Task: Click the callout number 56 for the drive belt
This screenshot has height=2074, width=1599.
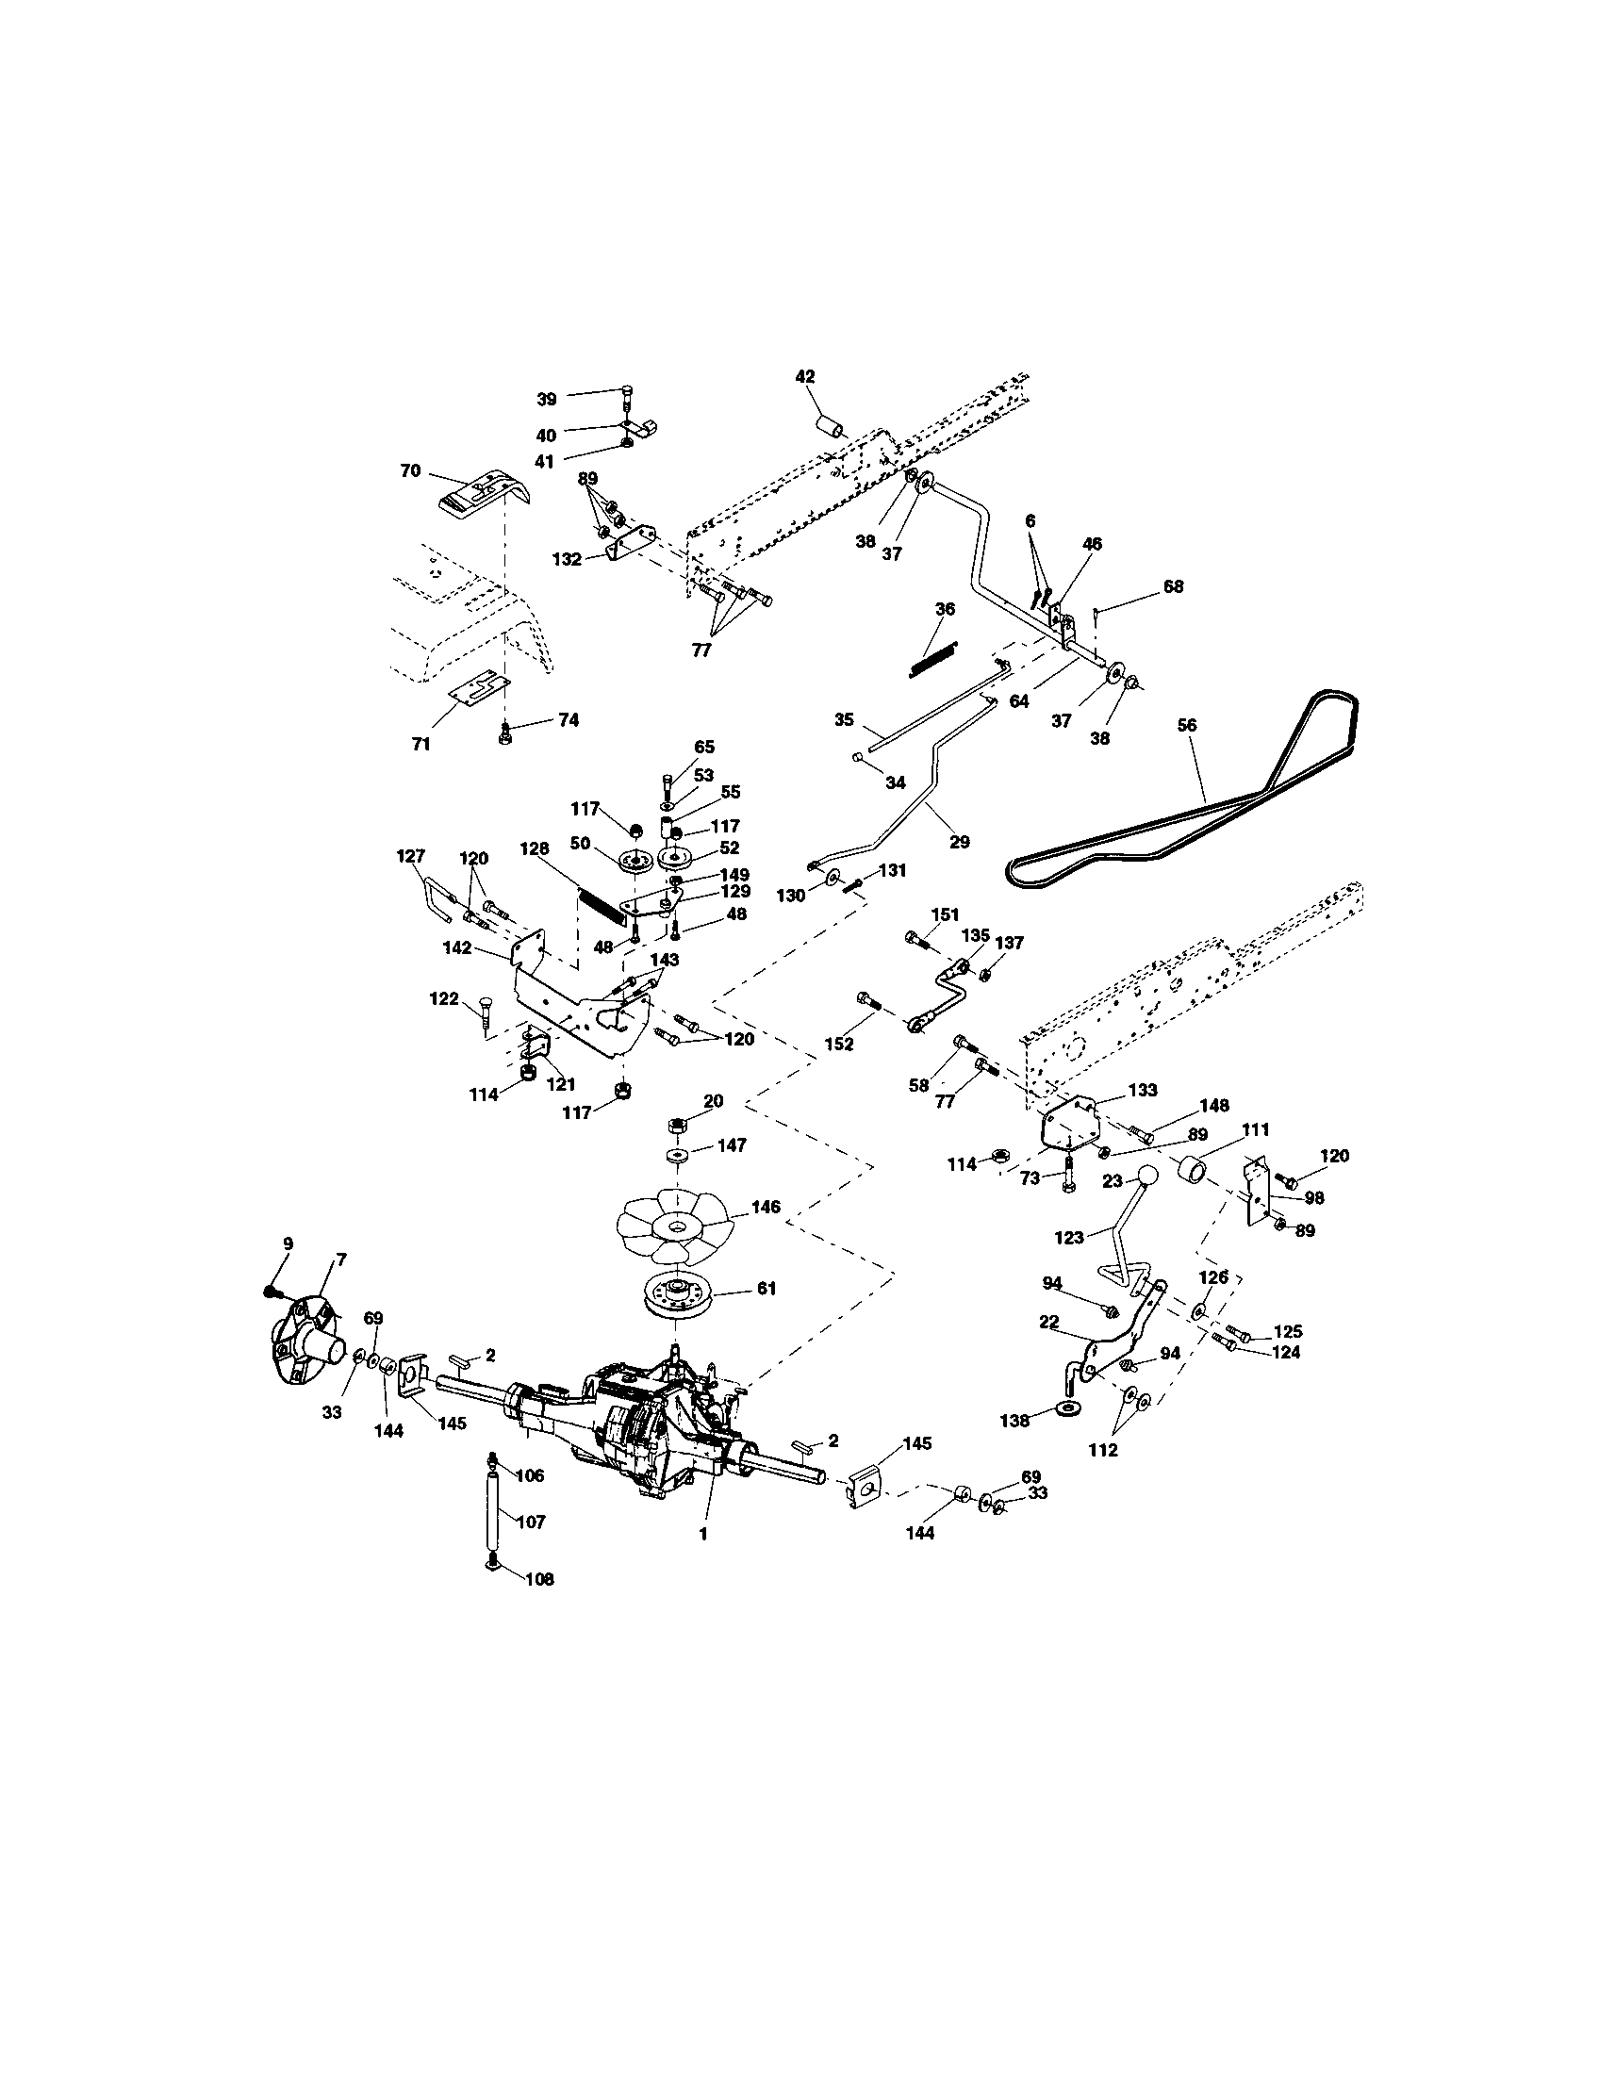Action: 1187,725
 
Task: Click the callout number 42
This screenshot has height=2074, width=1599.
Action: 804,376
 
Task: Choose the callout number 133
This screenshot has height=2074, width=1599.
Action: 1143,1089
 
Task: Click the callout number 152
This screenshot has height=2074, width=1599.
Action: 839,1044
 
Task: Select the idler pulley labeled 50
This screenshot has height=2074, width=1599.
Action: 633,862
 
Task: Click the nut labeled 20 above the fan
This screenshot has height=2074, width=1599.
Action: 678,1125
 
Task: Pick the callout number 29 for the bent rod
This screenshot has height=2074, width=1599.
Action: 960,841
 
